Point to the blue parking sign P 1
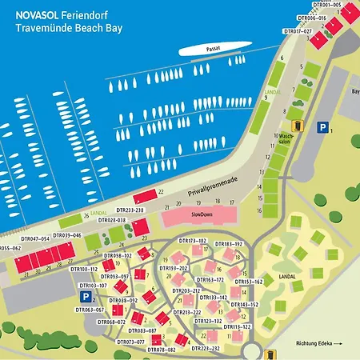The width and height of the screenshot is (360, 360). click(322, 127)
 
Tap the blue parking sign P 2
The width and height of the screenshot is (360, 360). click(85, 296)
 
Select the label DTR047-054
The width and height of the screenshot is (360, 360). click(35, 238)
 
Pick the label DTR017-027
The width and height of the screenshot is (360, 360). click(298, 31)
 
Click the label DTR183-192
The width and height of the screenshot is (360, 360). click(228, 243)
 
